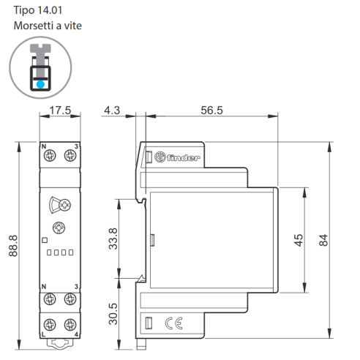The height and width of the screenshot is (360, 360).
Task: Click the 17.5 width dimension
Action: pos(60,110)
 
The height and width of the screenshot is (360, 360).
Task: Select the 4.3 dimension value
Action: pos(112,110)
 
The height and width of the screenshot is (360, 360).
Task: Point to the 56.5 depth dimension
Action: pos(211,110)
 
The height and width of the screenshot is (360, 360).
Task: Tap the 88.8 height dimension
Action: pos(13,246)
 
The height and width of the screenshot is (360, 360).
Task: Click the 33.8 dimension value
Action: pos(113,239)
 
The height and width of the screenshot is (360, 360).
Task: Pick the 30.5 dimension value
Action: pos(113,314)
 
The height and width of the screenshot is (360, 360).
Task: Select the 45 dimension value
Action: pos(299,240)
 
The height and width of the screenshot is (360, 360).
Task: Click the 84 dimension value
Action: pos(323,240)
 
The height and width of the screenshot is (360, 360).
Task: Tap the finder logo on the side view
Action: pos(177,157)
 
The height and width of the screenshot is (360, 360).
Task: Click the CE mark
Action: pos(174,323)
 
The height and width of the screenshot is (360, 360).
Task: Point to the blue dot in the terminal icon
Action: pos(40,84)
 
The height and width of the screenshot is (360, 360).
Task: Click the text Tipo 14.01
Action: pos(38,10)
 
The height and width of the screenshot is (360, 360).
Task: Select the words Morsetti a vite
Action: pos(48,26)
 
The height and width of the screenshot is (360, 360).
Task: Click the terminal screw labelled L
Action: pos(50,325)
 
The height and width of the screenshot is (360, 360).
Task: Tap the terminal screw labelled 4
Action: pos(70,325)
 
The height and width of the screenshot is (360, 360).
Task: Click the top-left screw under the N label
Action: pos(50,155)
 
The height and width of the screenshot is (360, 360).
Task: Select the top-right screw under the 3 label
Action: pos(70,155)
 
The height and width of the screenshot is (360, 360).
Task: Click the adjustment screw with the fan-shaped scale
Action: pos(64,205)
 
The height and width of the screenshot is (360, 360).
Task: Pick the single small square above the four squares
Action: pos(45,240)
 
